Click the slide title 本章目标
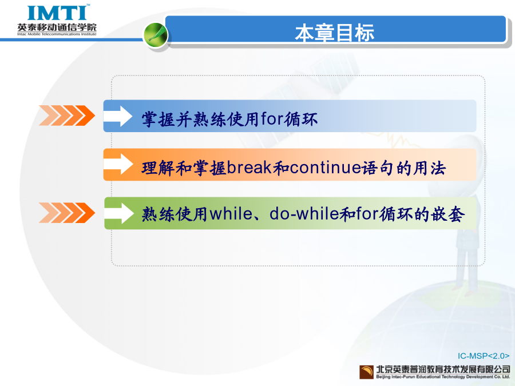pos(334,33)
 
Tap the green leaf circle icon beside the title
pos(156,34)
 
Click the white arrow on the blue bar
pos(118,116)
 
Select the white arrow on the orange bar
pos(118,164)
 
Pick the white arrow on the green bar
pos(119,213)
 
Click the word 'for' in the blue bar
pos(272,118)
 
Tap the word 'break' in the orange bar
pos(249,168)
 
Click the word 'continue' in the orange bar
pos(326,168)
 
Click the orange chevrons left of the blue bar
pos(67,116)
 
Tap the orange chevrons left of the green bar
pos(67,213)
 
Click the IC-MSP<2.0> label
pos(484,356)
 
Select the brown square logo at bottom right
pos(367,372)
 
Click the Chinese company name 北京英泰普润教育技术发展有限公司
pos(443,369)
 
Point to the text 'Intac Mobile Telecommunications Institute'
pos(57,34)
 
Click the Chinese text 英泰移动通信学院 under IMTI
pos(57,27)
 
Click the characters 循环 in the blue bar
pos(300,119)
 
